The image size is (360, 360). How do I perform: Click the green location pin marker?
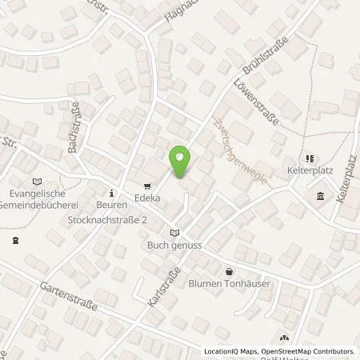point(181,162)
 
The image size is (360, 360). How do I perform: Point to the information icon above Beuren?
point(112,192)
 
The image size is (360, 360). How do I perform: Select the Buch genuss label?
point(175,246)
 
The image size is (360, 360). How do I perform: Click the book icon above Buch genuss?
point(174,232)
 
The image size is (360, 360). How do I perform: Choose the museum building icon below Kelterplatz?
point(320,197)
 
